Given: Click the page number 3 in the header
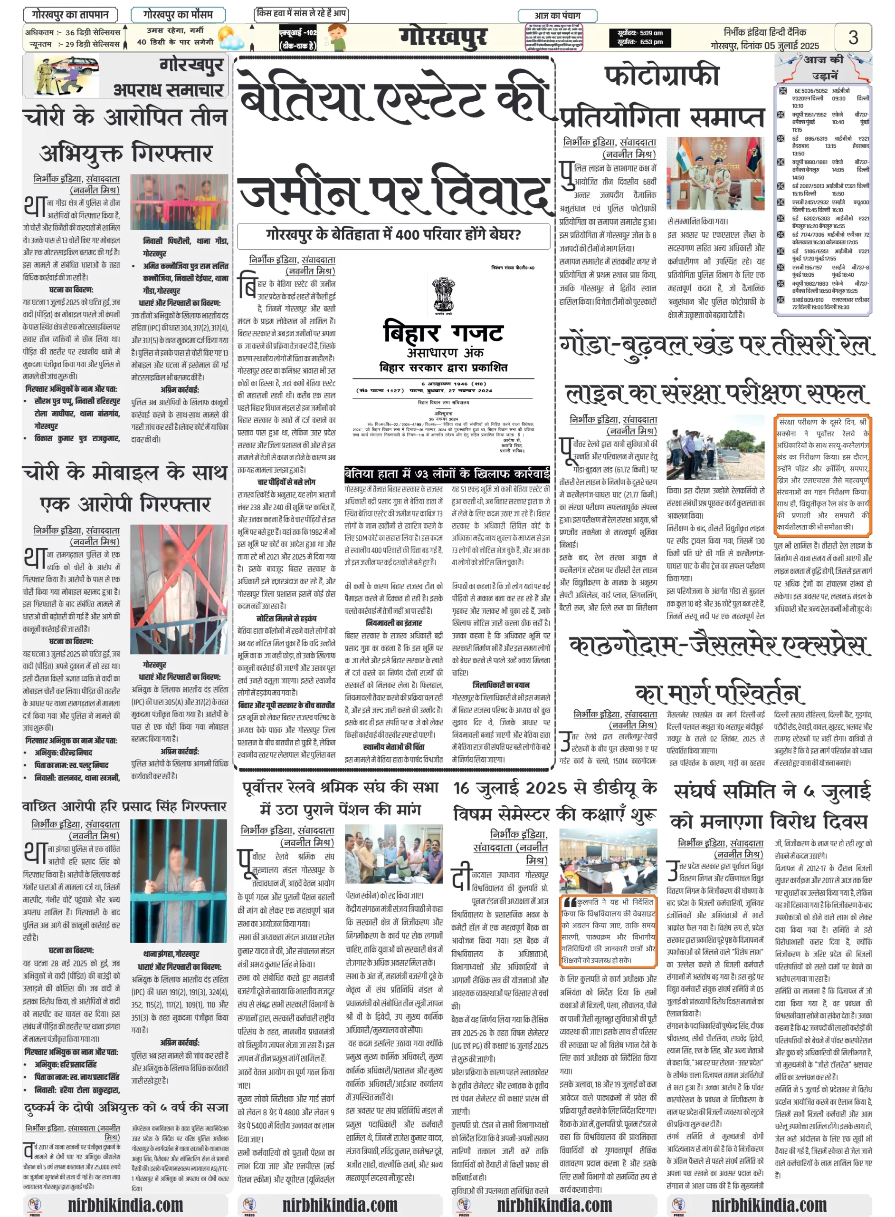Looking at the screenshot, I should pos(853,38).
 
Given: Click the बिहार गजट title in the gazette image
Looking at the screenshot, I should pos(443,332).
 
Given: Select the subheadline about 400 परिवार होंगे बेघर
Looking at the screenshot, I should pos(393,235).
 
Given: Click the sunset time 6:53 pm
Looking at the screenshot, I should pos(640,42).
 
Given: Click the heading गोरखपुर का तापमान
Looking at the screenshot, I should pos(70,15).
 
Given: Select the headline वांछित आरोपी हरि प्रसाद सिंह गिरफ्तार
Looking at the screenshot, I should pos(124,807).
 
